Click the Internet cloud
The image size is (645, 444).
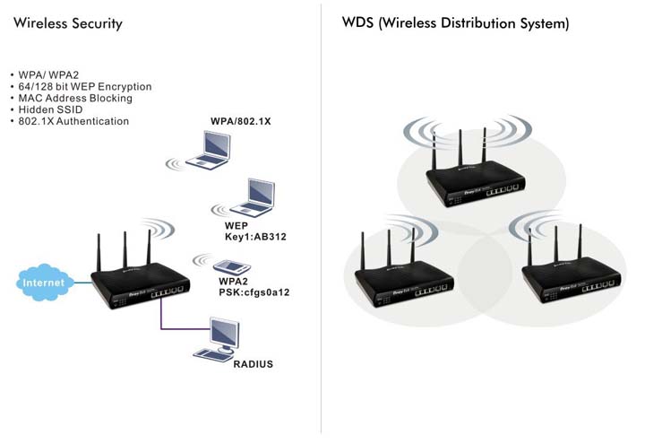click(43, 283)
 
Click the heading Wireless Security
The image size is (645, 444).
click(68, 23)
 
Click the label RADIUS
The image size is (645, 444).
click(253, 365)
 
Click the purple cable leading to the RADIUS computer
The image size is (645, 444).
click(161, 318)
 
